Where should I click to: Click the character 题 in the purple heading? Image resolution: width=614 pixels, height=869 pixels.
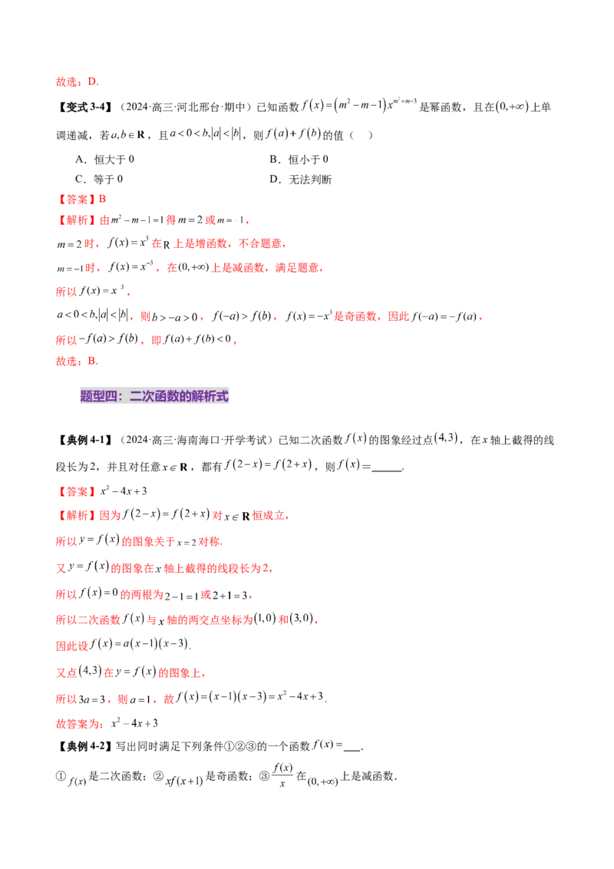coord(86,396)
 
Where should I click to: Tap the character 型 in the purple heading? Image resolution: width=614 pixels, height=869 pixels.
coord(98,396)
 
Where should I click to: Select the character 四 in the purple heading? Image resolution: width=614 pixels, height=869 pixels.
coord(111,396)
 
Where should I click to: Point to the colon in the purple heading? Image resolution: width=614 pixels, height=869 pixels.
coord(122,396)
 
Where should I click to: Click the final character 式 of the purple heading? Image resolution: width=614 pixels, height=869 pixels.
coord(221,396)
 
